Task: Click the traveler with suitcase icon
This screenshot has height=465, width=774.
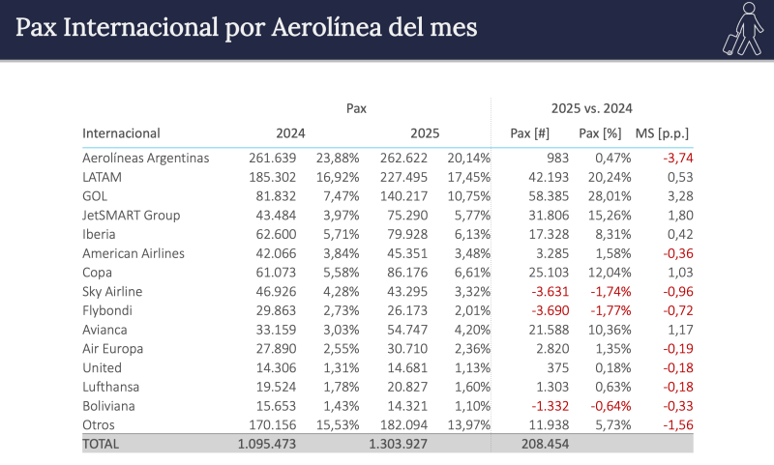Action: point(741,28)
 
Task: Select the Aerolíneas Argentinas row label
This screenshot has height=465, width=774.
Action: point(146,158)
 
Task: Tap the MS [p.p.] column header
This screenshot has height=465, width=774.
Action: point(662,133)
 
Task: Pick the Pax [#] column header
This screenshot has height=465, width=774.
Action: point(530,133)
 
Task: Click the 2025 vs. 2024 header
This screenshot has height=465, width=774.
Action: point(591,108)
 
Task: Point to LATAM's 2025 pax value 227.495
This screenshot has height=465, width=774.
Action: point(405,177)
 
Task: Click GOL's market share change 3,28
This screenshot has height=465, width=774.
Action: point(680,196)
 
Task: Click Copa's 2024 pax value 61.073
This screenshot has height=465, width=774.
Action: point(272,273)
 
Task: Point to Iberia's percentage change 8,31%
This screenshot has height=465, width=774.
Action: point(613,234)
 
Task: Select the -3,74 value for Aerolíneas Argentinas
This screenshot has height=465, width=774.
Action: point(677,158)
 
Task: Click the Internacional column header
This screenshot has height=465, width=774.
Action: point(121,133)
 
